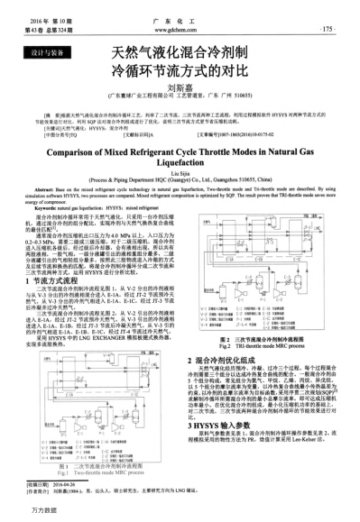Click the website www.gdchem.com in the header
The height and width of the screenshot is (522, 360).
pos(181,29)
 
